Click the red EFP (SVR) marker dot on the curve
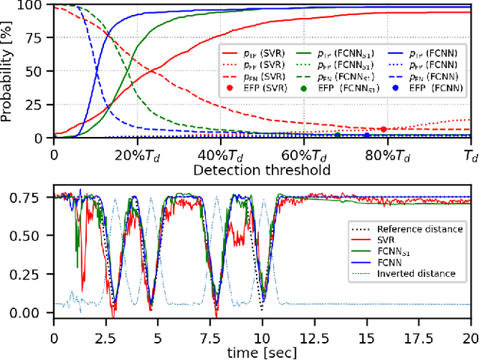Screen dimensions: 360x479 click(x=383, y=129)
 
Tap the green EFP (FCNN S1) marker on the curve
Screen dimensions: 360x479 click(x=338, y=135)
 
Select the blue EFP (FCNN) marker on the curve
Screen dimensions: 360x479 click(x=367, y=135)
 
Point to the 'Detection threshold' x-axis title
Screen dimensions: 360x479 click(x=261, y=170)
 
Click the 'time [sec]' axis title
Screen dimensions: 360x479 click(x=261, y=352)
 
